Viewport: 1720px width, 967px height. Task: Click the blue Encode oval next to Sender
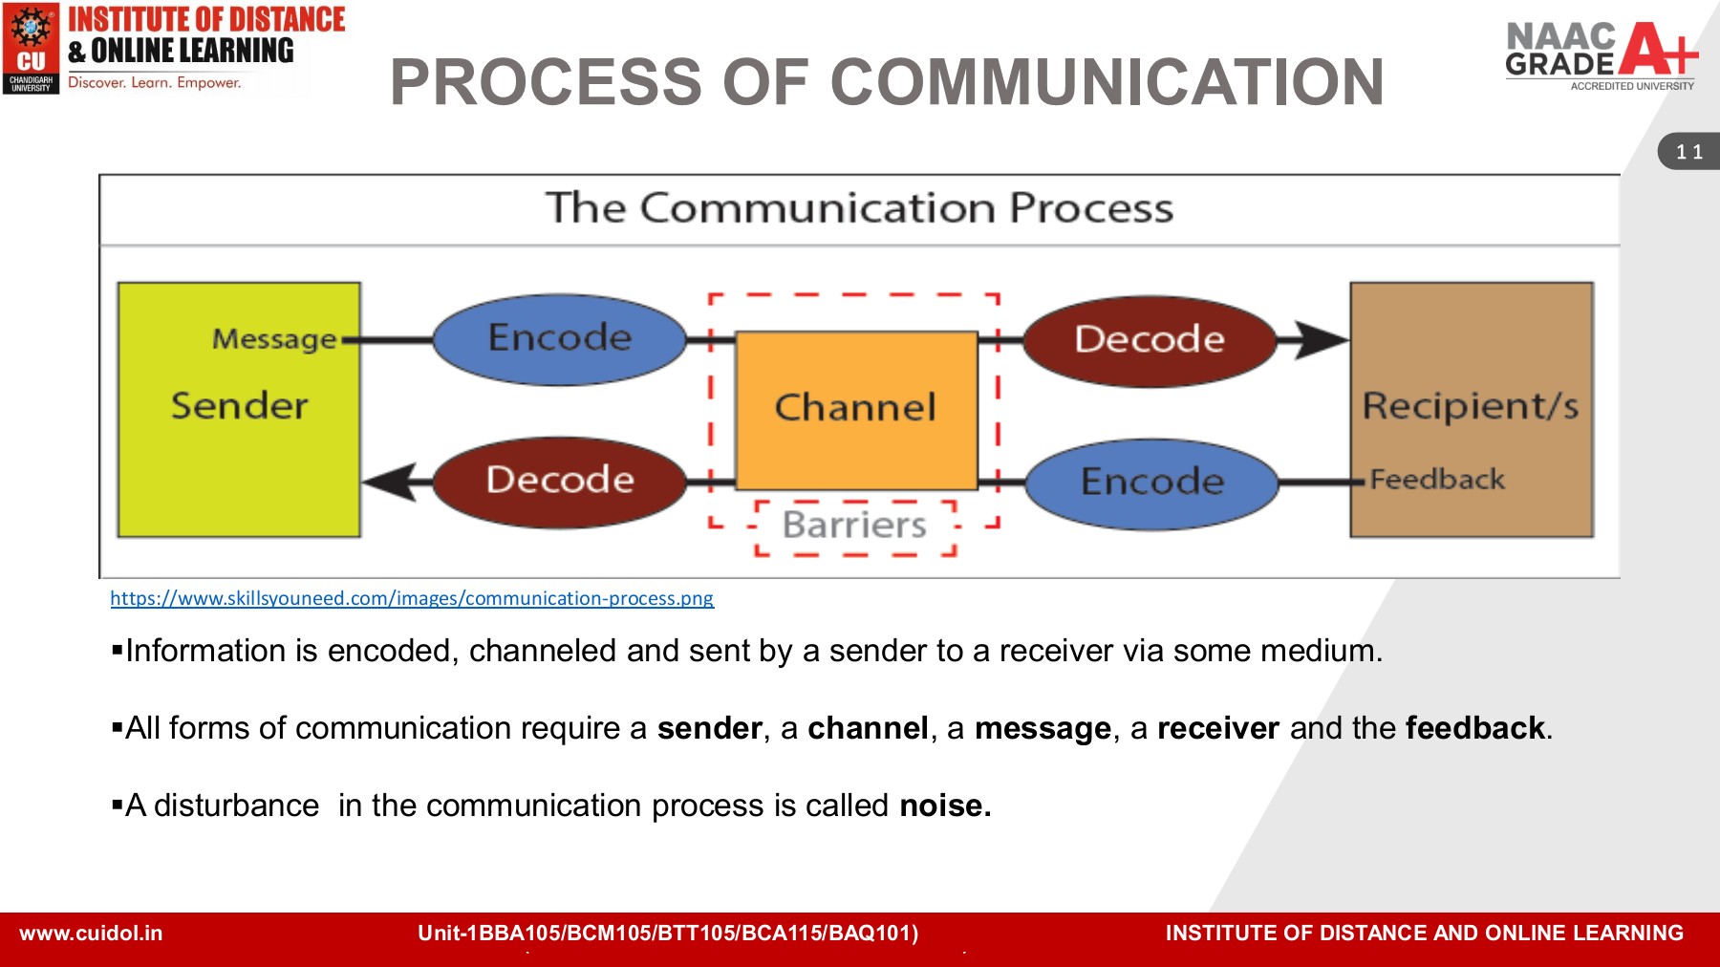560,338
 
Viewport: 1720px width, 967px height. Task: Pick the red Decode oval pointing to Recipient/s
1150,340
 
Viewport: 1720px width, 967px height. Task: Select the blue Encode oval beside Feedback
1152,483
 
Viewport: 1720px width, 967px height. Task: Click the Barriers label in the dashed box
854,526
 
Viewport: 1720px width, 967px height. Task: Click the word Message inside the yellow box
274,339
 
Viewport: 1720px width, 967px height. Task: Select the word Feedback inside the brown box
1437,480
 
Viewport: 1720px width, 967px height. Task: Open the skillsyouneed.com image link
412,599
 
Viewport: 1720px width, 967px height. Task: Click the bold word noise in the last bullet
944,806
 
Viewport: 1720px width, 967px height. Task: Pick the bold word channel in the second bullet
868,729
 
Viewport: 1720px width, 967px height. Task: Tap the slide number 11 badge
1689,152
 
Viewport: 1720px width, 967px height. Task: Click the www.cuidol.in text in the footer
91,934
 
